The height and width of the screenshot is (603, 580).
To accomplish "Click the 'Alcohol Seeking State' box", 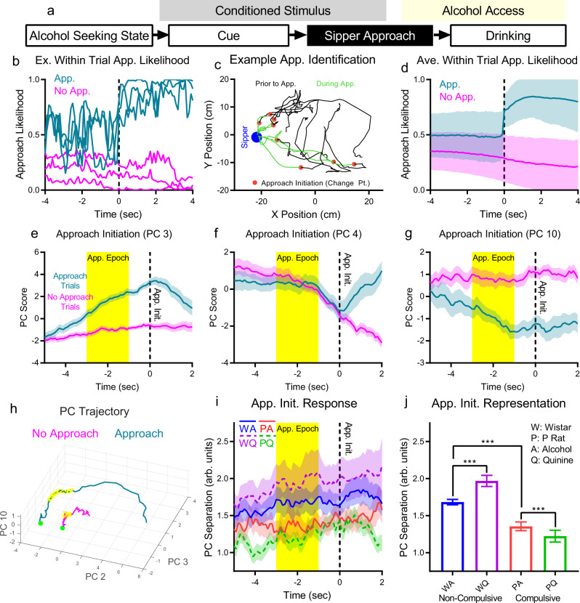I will coord(88,36).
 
